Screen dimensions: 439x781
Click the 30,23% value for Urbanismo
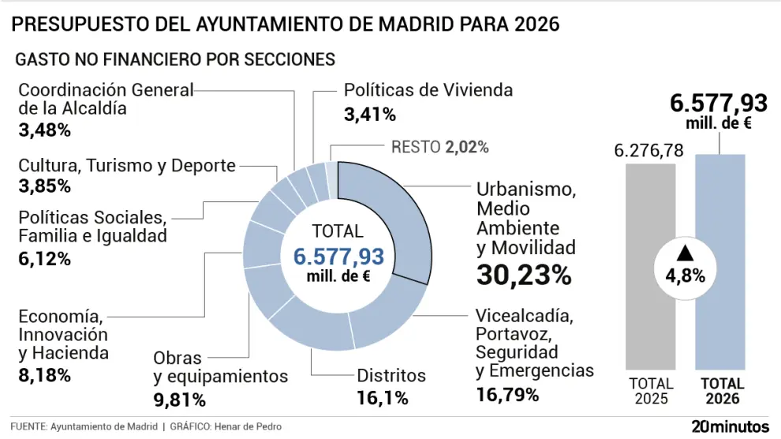523,276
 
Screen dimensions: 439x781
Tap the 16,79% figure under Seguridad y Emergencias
507,393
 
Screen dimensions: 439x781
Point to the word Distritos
391,376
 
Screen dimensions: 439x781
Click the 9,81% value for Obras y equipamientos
179,400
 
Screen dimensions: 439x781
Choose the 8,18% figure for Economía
44,374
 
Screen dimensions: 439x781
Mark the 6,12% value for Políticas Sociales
44,258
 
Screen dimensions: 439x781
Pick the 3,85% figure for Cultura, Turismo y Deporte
44,186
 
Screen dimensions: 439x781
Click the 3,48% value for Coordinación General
44,129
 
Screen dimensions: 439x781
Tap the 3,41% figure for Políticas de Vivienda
369,114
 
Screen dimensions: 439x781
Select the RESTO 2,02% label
440,147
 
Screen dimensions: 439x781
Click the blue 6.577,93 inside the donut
338,257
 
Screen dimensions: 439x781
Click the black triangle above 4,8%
685,253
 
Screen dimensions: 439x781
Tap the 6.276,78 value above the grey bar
649,150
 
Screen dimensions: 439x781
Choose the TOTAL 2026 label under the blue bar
719,391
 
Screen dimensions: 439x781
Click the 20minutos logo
730,426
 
